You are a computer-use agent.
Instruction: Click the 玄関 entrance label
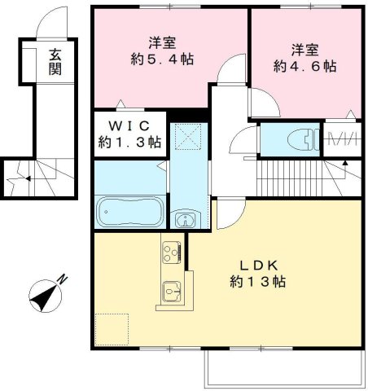tap(55, 62)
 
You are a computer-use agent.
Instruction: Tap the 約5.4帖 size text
tap(164, 59)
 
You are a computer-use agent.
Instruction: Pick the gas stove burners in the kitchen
tap(172, 253)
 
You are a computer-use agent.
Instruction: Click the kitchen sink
tap(172, 289)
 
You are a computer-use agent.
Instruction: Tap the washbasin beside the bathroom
tap(186, 219)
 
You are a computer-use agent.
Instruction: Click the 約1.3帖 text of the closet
tap(130, 142)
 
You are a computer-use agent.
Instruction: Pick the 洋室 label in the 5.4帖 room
tap(164, 42)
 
